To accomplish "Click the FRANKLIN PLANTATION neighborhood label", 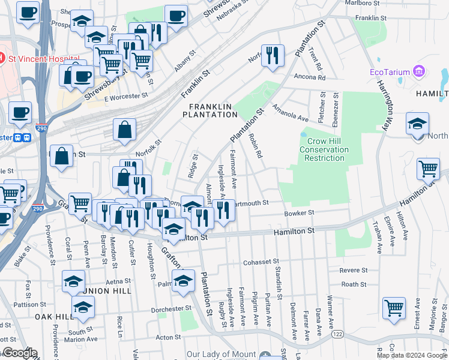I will (x=210, y=110).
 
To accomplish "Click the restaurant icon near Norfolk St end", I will (x=273, y=56).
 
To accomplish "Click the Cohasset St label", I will (x=261, y=262).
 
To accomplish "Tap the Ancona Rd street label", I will (x=309, y=77).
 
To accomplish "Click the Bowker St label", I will (x=299, y=213).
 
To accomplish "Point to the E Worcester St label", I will (x=125, y=96).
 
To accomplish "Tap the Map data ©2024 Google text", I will (x=412, y=355).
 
